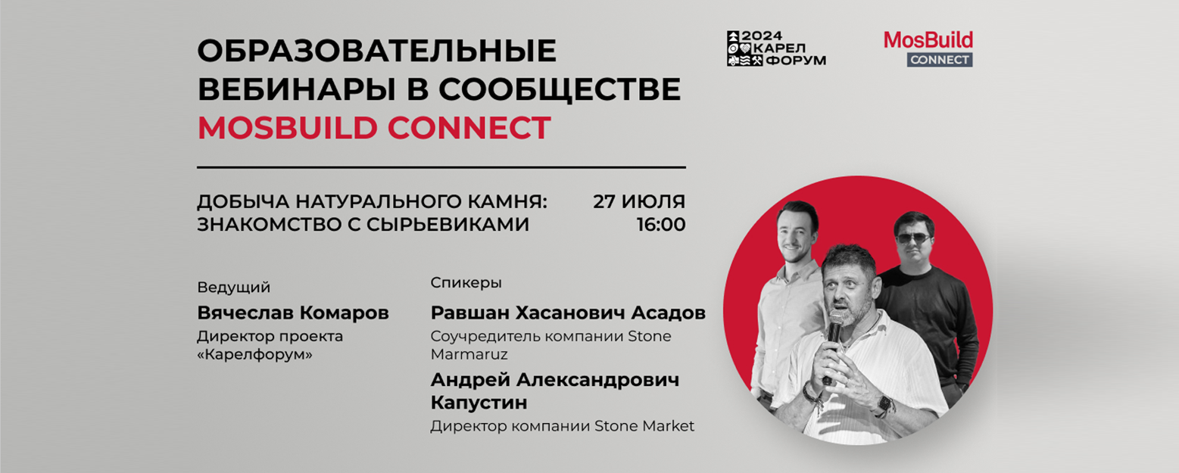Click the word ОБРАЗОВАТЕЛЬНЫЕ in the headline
pyautogui.click(x=377, y=51)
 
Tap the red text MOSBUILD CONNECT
pyautogui.click(x=374, y=128)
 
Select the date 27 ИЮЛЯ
pyautogui.click(x=639, y=201)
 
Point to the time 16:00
pyautogui.click(x=661, y=225)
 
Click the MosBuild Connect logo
pyautogui.click(x=928, y=48)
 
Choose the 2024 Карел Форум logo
pyautogui.click(x=776, y=48)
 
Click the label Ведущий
pyautogui.click(x=234, y=288)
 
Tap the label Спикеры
pyautogui.click(x=466, y=283)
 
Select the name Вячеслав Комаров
pyautogui.click(x=293, y=313)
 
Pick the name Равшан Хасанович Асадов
pyautogui.click(x=568, y=313)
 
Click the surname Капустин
pyautogui.click(x=479, y=403)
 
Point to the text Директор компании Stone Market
pyautogui.click(x=562, y=426)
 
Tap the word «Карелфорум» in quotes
pyautogui.click(x=254, y=355)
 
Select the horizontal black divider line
pyautogui.click(x=441, y=167)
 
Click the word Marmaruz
pyautogui.click(x=469, y=355)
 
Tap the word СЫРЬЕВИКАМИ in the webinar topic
pyautogui.click(x=448, y=225)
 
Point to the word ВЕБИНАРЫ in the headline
pyautogui.click(x=297, y=89)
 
